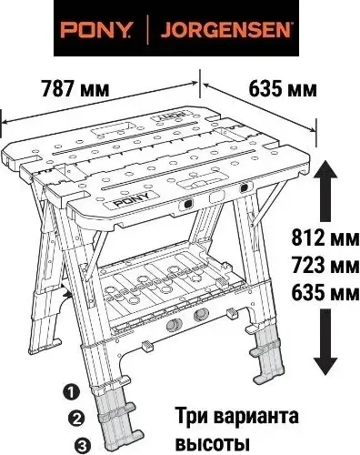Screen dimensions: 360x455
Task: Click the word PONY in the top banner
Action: (95, 30)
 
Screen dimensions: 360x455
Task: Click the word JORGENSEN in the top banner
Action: (225, 30)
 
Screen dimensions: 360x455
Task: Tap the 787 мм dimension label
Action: (75, 88)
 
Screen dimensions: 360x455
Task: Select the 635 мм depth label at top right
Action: (283, 89)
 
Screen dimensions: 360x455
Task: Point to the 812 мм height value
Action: (325, 238)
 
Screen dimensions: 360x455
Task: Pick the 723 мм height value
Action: (325, 265)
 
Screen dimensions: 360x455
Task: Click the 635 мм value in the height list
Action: (325, 293)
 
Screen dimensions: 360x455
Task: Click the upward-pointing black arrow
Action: (325, 190)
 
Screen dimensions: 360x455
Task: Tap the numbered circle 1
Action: (71, 392)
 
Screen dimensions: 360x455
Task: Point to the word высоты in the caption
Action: (213, 442)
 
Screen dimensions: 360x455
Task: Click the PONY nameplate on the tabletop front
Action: (133, 202)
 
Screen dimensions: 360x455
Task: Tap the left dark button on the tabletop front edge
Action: (187, 204)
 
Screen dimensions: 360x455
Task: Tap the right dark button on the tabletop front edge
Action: (243, 188)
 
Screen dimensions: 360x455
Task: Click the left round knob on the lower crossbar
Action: (172, 326)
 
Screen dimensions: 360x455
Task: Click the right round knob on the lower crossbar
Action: (201, 315)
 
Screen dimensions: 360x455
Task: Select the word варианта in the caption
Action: (256, 417)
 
